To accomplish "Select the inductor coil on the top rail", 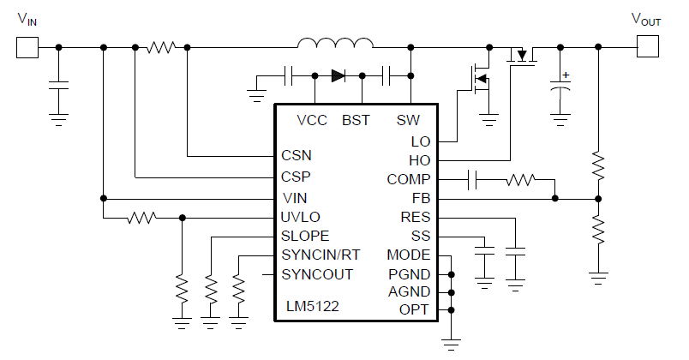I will point(335,44).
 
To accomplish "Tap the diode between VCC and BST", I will point(338,75).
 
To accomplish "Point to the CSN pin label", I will point(297,156).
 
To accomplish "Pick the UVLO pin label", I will point(300,217).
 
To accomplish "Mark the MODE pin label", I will point(409,255).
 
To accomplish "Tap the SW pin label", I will point(409,120).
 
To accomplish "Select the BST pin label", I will point(356,120).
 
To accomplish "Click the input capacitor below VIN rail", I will point(58,86).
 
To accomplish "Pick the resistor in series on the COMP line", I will point(519,179).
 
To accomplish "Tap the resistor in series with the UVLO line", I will point(141,218).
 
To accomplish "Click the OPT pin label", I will point(415,309).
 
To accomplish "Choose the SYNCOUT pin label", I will point(317,274).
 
